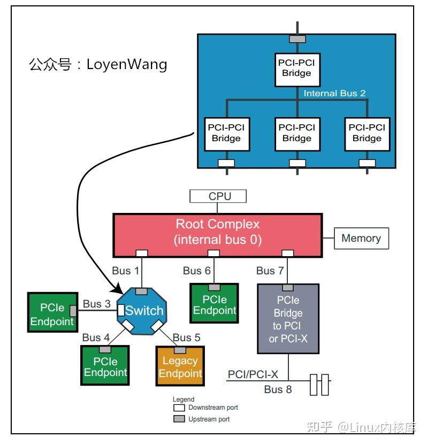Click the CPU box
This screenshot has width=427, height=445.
pyautogui.click(x=218, y=196)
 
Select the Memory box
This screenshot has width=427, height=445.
pyautogui.click(x=361, y=239)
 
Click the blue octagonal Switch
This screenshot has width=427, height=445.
pyautogui.click(x=141, y=311)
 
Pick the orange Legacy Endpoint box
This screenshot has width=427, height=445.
pyautogui.click(x=180, y=366)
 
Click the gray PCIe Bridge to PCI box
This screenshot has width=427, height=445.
pyautogui.click(x=288, y=319)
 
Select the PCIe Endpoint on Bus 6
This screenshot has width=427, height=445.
pyautogui.click(x=214, y=305)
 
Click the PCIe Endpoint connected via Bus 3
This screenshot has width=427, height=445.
pyautogui.click(x=51, y=314)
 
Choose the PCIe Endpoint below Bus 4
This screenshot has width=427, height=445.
pyautogui.click(x=105, y=366)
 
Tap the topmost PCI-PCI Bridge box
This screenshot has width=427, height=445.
pyautogui.click(x=296, y=68)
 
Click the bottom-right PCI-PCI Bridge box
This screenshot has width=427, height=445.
pyautogui.click(x=367, y=133)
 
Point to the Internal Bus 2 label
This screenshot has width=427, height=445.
pyautogui.click(x=334, y=93)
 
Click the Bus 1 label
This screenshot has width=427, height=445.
pyautogui.click(x=125, y=271)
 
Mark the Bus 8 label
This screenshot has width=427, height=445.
pyautogui.click(x=278, y=389)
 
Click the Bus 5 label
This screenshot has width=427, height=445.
pyautogui.click(x=186, y=337)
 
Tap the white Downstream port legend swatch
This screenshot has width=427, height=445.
pyautogui.click(x=179, y=408)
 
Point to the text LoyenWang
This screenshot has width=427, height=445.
pyautogui.click(x=127, y=65)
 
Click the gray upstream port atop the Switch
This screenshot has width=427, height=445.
pyautogui.click(x=141, y=291)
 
